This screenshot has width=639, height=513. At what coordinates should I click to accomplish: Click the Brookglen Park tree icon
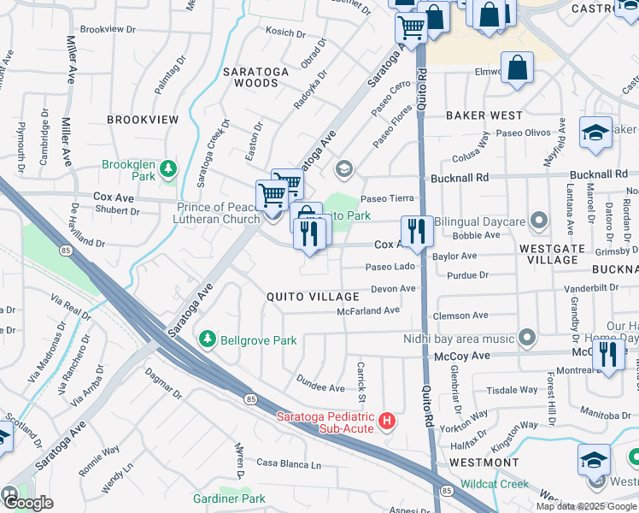coord(171,166)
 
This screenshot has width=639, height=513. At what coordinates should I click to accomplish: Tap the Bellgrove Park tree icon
coord(207,340)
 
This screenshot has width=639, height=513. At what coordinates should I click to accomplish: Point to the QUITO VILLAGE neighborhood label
coord(314,297)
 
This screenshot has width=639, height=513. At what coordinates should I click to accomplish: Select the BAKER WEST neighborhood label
coord(484,115)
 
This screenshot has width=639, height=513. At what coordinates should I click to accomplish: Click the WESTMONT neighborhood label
coord(484,463)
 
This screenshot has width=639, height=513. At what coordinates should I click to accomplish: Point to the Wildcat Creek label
coord(495,483)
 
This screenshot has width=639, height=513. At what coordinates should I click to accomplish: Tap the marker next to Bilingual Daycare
coord(538,221)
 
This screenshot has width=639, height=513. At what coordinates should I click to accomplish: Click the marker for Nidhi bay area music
coord(528,337)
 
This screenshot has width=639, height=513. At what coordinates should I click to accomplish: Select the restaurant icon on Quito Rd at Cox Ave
coord(417,232)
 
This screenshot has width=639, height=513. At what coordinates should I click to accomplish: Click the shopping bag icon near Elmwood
coord(517,68)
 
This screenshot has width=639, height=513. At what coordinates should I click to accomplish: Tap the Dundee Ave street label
coord(319,382)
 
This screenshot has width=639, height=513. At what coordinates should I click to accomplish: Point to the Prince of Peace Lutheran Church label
coord(218,214)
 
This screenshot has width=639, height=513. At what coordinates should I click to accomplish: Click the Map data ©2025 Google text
coord(586,505)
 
